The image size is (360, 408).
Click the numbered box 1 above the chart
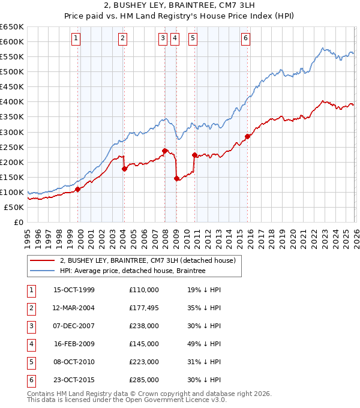tap(77, 38)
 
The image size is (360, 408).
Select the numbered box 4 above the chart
tap(175, 38)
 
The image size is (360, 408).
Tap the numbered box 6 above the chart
tap(246, 38)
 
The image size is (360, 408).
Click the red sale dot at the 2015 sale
tap(247, 136)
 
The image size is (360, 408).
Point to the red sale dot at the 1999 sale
tap(78, 189)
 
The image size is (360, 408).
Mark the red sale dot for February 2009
tap(176, 178)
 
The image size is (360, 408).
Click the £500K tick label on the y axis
tap(13, 71)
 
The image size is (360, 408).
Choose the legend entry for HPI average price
tap(132, 271)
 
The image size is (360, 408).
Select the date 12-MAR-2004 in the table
tap(74, 308)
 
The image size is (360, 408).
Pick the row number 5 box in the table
tap(29, 362)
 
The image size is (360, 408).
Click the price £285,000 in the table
tap(143, 380)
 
